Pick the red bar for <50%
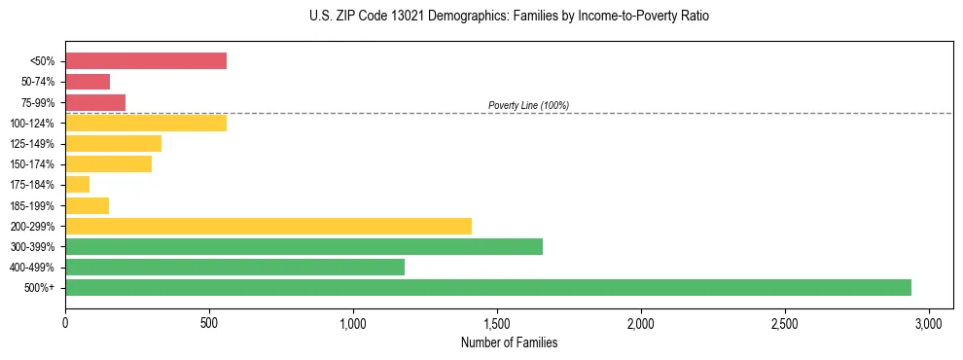tap(146, 61)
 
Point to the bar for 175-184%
tap(78, 185)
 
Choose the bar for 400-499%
tap(234, 267)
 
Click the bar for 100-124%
tap(146, 123)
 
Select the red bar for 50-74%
tap(88, 82)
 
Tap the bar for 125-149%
tap(113, 144)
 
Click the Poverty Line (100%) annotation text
tap(528, 105)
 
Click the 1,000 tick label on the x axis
tap(353, 322)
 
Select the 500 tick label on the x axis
tap(209, 322)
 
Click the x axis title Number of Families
tap(509, 342)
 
